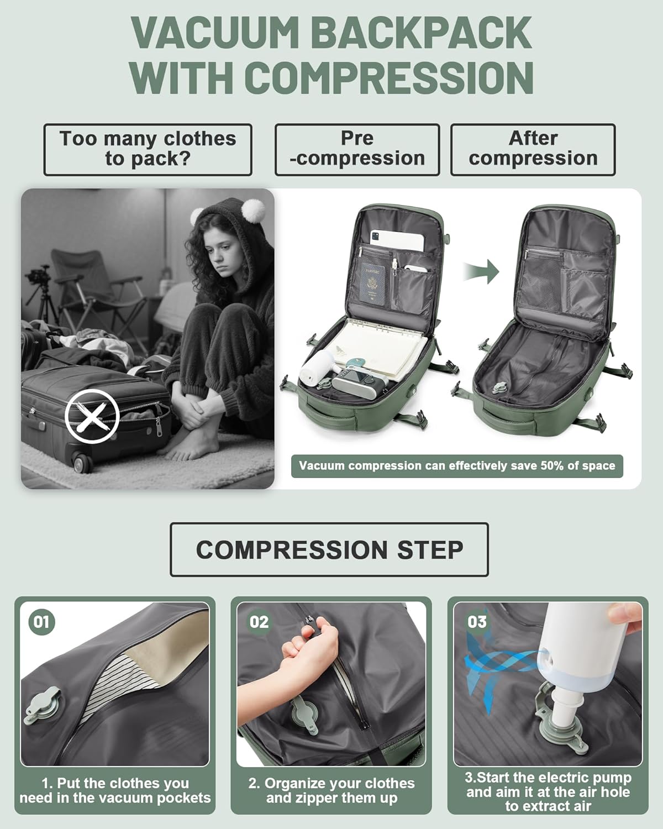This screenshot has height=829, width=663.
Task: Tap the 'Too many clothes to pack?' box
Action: click(148, 149)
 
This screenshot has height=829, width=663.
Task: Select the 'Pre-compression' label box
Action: click(357, 149)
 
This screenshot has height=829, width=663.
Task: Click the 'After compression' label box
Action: click(533, 149)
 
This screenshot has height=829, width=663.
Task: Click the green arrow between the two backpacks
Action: click(481, 272)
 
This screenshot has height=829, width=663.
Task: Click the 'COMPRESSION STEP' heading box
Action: click(329, 549)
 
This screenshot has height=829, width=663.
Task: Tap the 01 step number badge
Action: click(41, 622)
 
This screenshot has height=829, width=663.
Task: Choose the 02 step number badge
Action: click(259, 622)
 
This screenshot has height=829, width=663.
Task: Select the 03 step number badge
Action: click(476, 622)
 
